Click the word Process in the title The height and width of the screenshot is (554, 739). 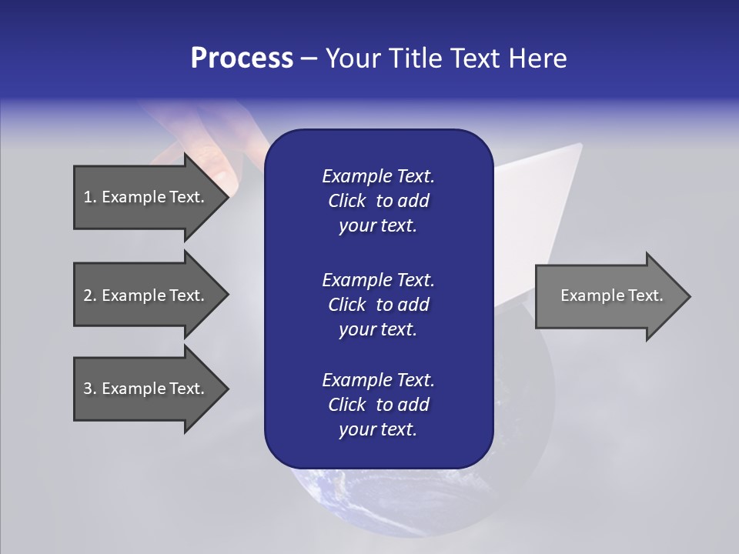(242, 58)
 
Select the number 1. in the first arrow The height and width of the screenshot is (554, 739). (90, 197)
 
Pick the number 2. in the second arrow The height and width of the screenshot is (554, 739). (90, 295)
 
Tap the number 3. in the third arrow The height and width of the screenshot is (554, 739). (90, 389)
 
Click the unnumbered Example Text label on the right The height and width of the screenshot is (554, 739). (611, 295)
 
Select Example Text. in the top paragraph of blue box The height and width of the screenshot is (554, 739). (378, 176)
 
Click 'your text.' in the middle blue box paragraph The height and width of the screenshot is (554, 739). (378, 329)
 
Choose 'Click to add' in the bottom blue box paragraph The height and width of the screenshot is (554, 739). (378, 405)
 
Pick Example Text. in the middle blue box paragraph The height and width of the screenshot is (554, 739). (378, 279)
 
